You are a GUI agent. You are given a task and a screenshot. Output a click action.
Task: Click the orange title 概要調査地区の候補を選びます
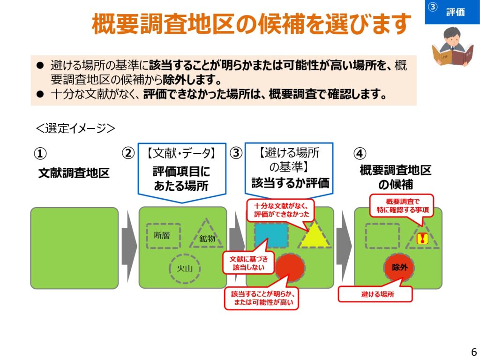[251, 24]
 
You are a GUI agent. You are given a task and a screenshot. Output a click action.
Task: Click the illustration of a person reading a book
[453, 47]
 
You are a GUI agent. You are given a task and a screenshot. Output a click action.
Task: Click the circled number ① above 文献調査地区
[40, 153]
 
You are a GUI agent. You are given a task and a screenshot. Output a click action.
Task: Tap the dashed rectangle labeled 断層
[163, 235]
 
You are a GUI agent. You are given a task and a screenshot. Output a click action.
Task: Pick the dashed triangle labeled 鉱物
[206, 235]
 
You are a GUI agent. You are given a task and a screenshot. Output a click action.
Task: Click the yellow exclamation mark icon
[422, 239]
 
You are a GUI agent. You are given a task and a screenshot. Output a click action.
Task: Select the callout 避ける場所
[375, 295]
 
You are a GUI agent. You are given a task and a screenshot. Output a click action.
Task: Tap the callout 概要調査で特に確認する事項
[402, 206]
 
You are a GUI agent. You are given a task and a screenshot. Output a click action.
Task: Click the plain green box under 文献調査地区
[75, 247]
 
